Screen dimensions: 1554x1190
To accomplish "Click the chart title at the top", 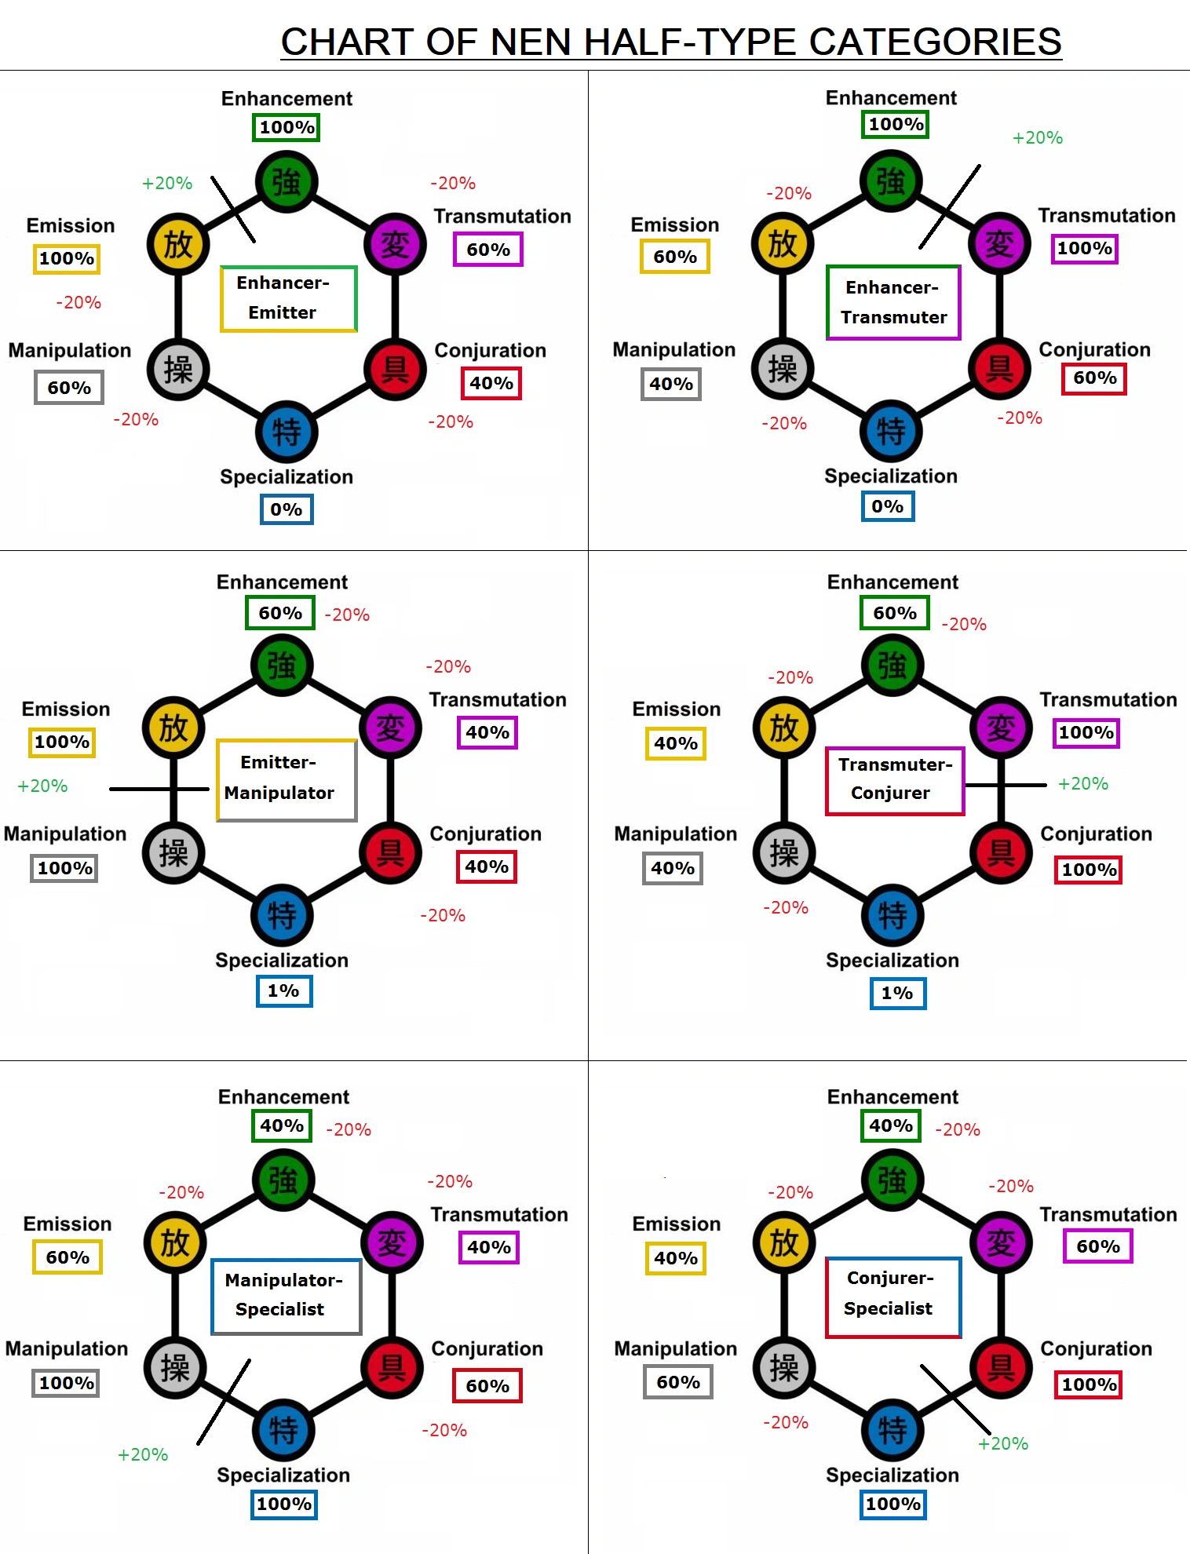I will pyautogui.click(x=671, y=42).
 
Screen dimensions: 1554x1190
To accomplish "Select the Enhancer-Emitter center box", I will pyautogui.click(x=288, y=298).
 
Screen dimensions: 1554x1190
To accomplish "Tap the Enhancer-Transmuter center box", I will pyautogui.click(x=893, y=302).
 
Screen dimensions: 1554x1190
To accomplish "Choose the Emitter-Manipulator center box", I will pyautogui.click(x=287, y=779).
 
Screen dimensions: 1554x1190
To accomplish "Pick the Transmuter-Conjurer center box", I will pyautogui.click(x=895, y=780).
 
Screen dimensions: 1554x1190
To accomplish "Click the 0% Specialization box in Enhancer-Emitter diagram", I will pyautogui.click(x=287, y=509).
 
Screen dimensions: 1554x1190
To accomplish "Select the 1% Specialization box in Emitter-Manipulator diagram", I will pyautogui.click(x=284, y=990).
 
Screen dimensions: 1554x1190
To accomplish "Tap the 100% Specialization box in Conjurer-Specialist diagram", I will pyautogui.click(x=893, y=1504).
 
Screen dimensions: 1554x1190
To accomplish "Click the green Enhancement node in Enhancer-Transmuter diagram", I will pyautogui.click(x=891, y=181).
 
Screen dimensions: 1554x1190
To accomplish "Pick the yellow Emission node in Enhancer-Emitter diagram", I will pyautogui.click(x=178, y=244).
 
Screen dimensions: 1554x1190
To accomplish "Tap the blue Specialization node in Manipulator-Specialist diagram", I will pyautogui.click(x=283, y=1430).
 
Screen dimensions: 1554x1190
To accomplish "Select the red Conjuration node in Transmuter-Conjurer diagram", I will pyautogui.click(x=1001, y=852).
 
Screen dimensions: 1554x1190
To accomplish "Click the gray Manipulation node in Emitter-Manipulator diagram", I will pyautogui.click(x=173, y=852).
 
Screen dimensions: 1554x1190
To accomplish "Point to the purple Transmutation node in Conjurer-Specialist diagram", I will pyautogui.click(x=1001, y=1242).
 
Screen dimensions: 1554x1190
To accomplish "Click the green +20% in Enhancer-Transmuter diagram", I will pyautogui.click(x=1037, y=138).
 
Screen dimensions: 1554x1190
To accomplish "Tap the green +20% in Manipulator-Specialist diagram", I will pyautogui.click(x=143, y=1454).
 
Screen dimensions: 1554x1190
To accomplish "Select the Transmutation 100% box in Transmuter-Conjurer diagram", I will pyautogui.click(x=1086, y=732).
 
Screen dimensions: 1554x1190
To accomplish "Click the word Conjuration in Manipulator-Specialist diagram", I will pyautogui.click(x=487, y=1348).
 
